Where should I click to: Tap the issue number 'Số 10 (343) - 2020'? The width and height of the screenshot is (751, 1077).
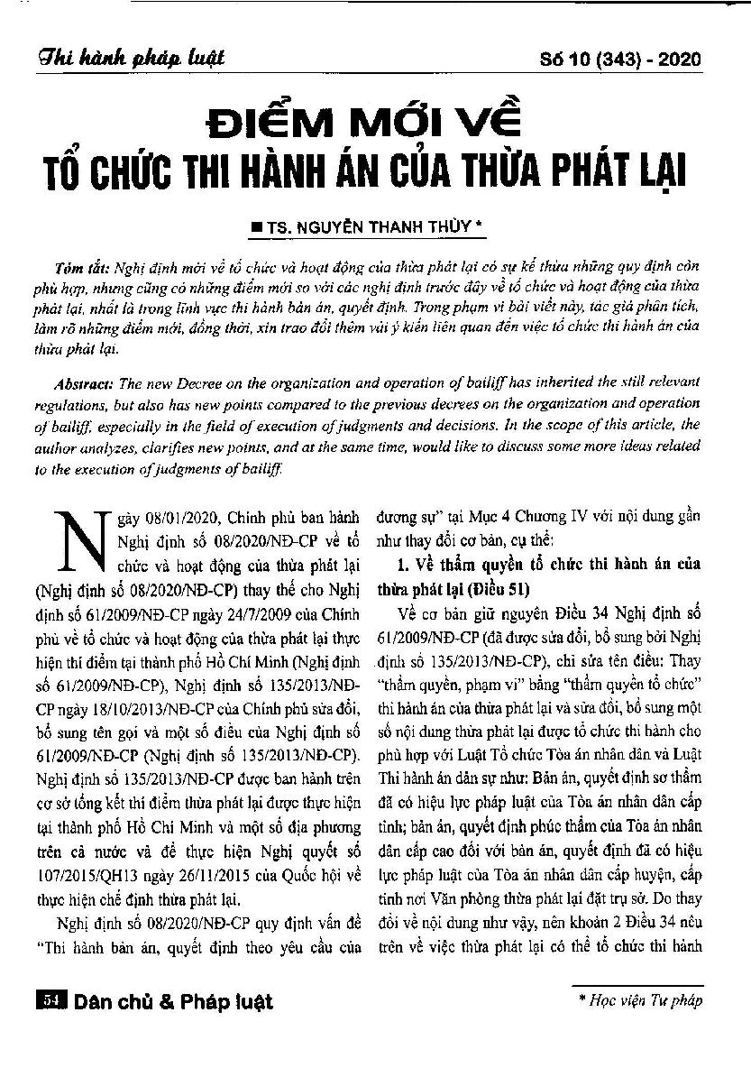pos(623,60)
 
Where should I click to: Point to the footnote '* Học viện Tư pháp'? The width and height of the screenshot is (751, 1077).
pos(641,999)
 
